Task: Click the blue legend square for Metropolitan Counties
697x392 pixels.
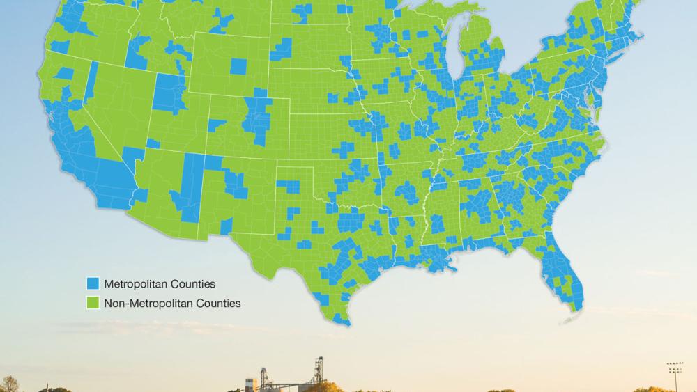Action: (x=92, y=284)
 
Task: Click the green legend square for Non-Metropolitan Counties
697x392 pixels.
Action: (x=92, y=303)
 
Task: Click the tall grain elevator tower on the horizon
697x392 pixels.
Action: (x=319, y=369)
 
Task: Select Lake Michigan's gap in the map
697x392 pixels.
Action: (x=454, y=56)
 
